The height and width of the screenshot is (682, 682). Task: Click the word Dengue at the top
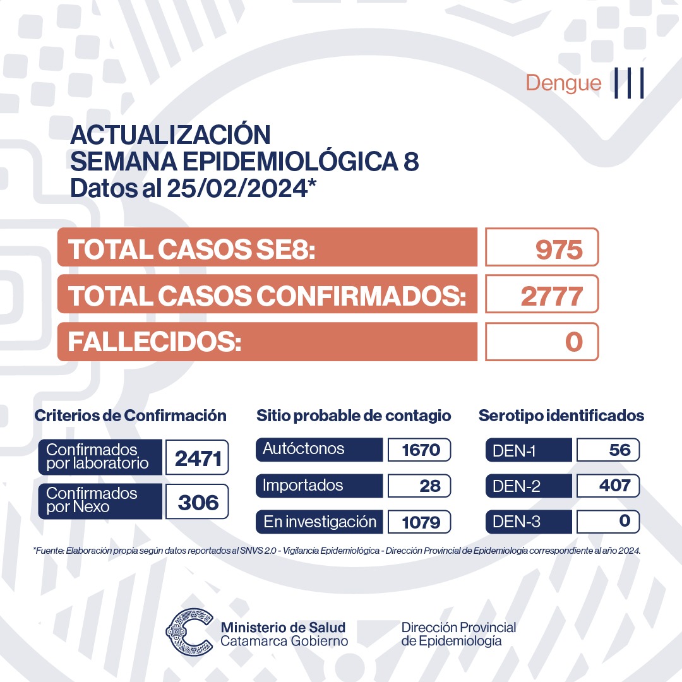(563, 83)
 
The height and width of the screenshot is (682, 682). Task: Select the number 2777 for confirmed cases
(550, 296)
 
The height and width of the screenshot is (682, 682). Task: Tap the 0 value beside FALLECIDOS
(573, 342)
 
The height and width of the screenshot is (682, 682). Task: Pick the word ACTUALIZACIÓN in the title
(170, 135)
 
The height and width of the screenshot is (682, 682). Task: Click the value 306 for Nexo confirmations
(198, 502)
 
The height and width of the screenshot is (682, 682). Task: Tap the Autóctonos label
(304, 449)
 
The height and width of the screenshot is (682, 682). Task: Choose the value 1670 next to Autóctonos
(419, 450)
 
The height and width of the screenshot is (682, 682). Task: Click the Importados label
(303, 486)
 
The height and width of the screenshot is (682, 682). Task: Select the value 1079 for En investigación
(419, 522)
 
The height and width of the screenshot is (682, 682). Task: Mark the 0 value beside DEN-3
(625, 521)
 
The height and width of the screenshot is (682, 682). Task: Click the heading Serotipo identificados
(561, 416)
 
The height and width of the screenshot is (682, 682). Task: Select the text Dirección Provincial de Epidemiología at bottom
(458, 634)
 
